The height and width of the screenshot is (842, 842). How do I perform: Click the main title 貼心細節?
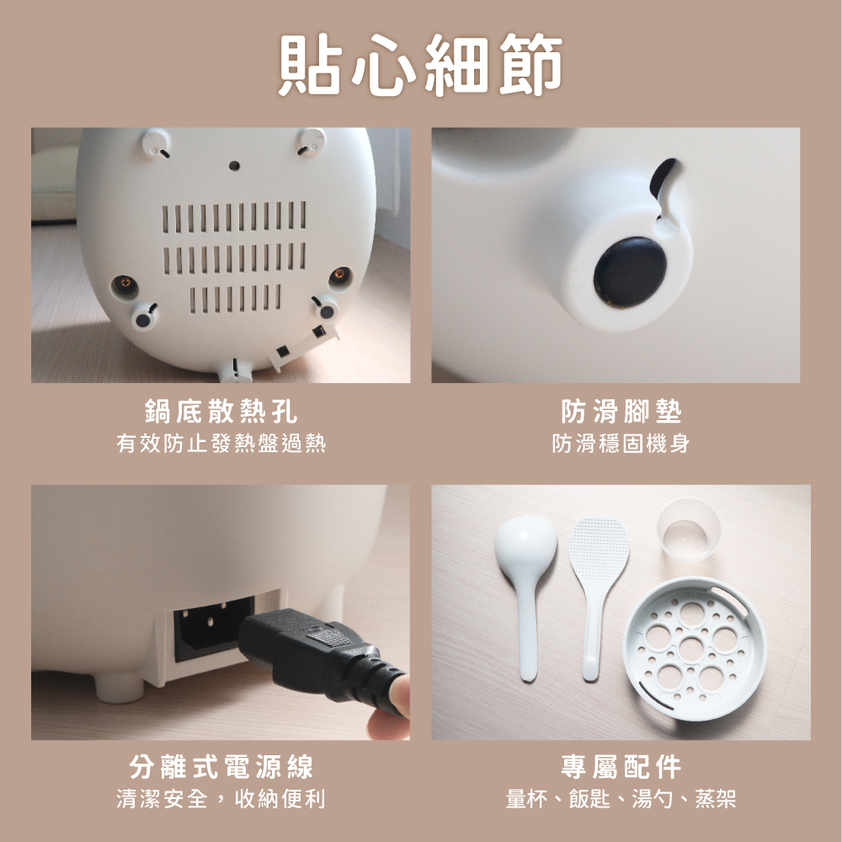[x=420, y=65]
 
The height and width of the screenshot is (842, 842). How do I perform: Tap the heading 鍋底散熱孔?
[x=221, y=412]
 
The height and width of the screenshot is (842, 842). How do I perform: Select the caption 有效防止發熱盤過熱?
[x=221, y=444]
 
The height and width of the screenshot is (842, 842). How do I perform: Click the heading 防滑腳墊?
[x=621, y=412]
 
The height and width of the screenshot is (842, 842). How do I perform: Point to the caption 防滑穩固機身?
[x=621, y=444]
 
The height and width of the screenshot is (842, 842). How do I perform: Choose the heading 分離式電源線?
[x=221, y=766]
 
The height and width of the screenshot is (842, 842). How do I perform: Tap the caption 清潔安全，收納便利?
[x=221, y=798]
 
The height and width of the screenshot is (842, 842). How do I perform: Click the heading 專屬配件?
[x=621, y=766]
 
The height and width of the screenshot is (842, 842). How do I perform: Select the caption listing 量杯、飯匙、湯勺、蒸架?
[x=621, y=798]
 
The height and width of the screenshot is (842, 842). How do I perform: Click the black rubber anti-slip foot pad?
[x=629, y=272]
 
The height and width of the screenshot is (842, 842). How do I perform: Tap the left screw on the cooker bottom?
[x=124, y=284]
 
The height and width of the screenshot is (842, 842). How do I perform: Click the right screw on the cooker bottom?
[x=340, y=275]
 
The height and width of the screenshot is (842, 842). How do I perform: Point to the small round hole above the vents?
[x=234, y=165]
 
